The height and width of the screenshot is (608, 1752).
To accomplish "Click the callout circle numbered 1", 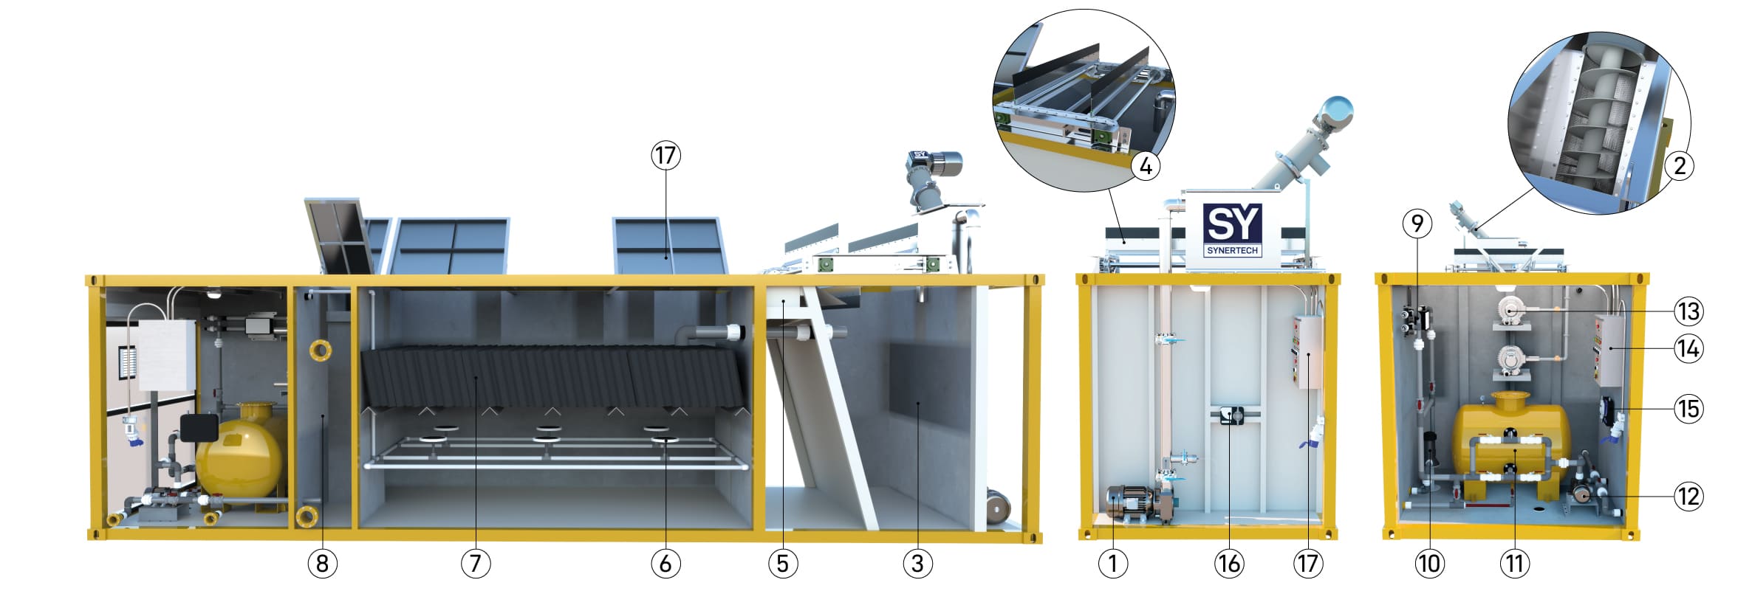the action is point(1112,564).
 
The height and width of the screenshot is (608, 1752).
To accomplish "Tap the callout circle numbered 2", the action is point(1680,165).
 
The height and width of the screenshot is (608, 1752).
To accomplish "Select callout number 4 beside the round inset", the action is point(1146,166).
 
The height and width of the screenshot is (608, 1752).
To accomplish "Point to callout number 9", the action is point(1417,224).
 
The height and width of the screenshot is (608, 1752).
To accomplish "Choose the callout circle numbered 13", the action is point(1688,311).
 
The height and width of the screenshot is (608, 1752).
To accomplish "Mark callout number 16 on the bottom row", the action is point(1229,564).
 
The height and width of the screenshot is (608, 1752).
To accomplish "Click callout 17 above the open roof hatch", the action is point(665,156).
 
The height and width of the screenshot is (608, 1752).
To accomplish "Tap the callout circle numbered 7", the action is point(476,564).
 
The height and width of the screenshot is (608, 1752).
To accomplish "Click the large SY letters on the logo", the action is point(1231,223).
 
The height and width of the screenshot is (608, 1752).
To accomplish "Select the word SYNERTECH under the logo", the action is point(1231,250).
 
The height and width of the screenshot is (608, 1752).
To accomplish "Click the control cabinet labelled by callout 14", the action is point(1608,350).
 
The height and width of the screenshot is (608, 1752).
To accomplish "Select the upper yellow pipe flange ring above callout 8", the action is point(319,350).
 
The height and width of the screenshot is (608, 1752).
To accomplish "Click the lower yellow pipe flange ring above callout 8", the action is point(307,515).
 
